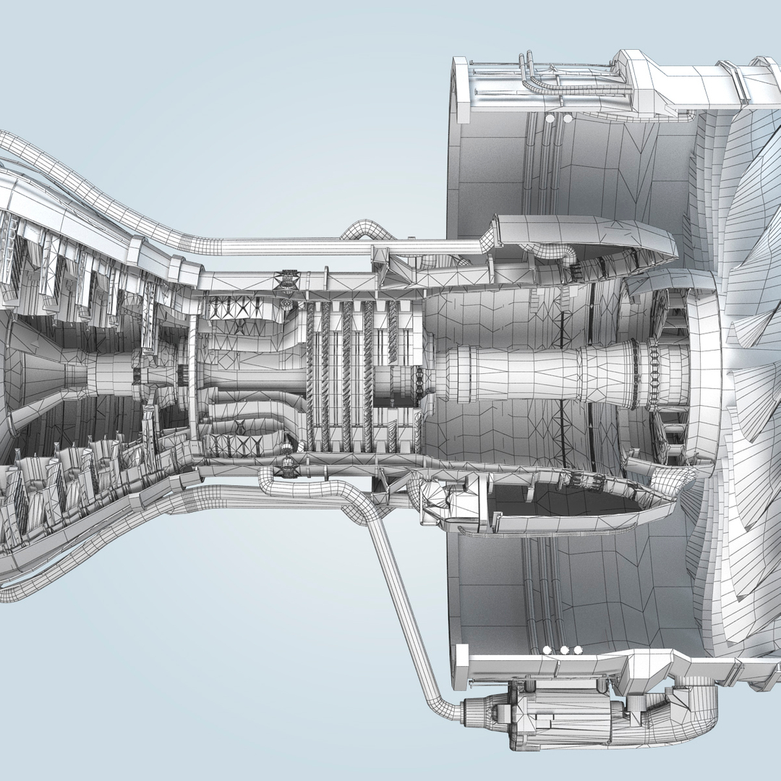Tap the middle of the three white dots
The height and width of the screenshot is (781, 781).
point(564,650)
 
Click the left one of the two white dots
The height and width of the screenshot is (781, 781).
point(550,117)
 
